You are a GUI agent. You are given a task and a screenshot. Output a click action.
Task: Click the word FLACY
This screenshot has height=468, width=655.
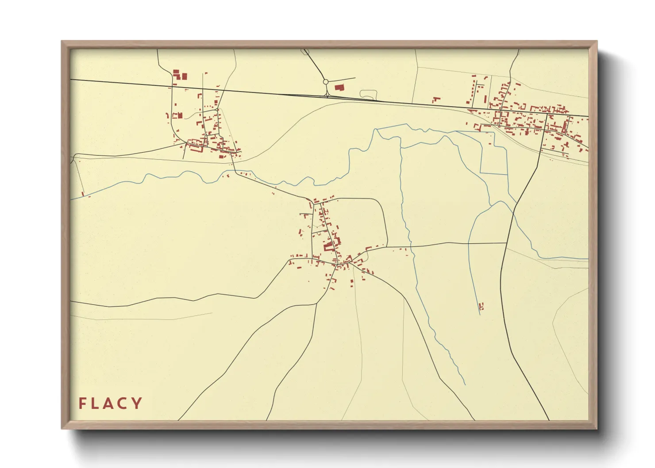point(111,403)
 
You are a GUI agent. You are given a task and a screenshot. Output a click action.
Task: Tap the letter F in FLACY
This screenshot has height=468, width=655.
point(82,403)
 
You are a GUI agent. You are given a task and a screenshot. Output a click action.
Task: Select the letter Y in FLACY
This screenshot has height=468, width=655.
point(137,403)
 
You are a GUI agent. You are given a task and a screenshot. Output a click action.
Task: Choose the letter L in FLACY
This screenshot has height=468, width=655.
point(95,403)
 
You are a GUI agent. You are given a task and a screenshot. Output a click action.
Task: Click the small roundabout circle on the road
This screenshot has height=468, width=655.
point(326,82)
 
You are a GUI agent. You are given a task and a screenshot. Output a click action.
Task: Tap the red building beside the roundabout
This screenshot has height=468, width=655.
point(339,88)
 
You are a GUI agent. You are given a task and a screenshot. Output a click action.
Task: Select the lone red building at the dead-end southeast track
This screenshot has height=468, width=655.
point(482,306)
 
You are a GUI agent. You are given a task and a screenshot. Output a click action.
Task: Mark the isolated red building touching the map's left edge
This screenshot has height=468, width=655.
point(83,193)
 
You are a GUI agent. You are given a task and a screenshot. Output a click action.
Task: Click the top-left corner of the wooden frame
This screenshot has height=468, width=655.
point(62,42)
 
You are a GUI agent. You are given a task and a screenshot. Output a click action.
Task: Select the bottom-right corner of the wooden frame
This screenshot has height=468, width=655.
point(597,428)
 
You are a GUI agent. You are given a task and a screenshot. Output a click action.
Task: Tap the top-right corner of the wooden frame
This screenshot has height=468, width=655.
point(597,42)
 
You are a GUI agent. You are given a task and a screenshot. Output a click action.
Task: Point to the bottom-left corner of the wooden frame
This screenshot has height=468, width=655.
point(62,428)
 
